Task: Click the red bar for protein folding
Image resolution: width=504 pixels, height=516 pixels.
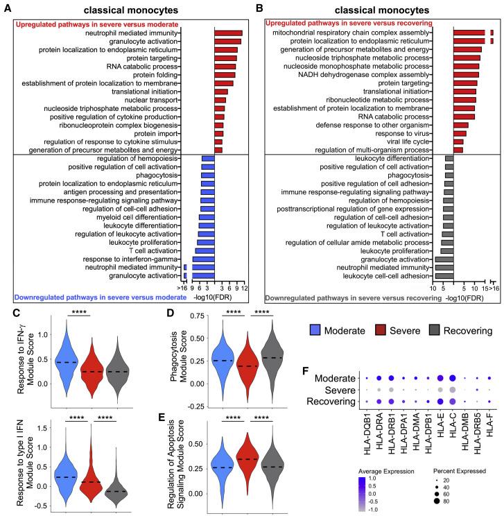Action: (x=225, y=75)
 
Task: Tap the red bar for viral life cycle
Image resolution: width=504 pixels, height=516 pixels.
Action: (x=458, y=141)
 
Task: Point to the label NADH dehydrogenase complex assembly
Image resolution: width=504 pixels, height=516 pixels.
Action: (x=394, y=75)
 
